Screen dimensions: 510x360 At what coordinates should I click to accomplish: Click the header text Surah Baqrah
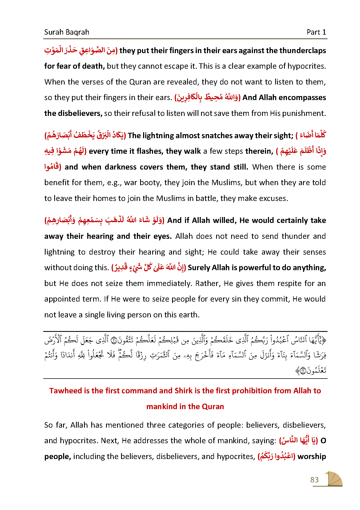(67, 32)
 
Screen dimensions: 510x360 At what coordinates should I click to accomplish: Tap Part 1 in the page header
(316, 32)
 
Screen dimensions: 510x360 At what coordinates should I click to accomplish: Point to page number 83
(314, 480)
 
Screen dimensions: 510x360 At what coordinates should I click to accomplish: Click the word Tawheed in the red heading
(66, 391)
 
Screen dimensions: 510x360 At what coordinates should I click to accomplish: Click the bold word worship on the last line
(312, 457)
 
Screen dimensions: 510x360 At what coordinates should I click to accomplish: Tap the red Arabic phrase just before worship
(277, 457)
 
